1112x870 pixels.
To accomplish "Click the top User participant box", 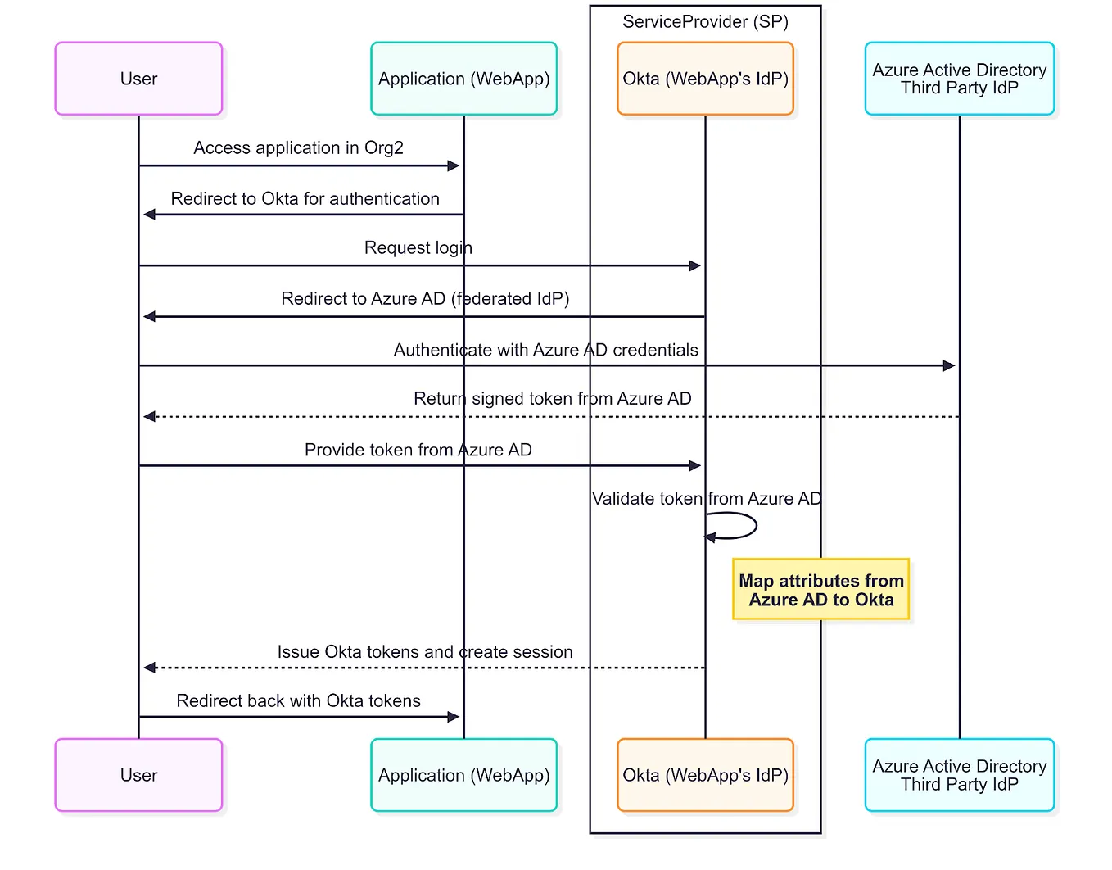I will (x=138, y=79).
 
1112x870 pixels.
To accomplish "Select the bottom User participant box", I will (x=138, y=775).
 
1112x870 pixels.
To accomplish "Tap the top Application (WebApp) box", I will (x=463, y=79).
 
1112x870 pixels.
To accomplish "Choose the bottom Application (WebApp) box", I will (x=463, y=775).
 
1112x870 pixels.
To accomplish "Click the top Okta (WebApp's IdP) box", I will (x=705, y=79).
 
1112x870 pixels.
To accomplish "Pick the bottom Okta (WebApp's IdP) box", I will (x=705, y=775).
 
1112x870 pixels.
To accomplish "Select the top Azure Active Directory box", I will (x=959, y=79).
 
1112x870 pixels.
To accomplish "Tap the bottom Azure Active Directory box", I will (x=959, y=775).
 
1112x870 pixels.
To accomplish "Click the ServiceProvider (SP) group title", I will (x=705, y=22).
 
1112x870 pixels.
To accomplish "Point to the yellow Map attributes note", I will (x=820, y=590).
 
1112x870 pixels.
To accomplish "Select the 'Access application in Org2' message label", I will (x=298, y=148).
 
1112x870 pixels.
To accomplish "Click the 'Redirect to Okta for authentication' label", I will (x=305, y=199).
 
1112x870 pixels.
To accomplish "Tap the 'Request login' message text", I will (x=418, y=248).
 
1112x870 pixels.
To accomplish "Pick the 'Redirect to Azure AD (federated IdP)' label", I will (x=425, y=299).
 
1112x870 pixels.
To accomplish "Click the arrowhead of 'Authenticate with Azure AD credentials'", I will (x=949, y=365).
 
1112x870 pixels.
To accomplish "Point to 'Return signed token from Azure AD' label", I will (x=552, y=399).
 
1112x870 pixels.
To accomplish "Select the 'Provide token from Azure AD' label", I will (x=418, y=450).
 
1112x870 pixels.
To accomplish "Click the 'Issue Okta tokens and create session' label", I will (x=424, y=652).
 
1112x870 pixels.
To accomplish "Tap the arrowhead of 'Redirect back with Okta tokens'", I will (x=454, y=717).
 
